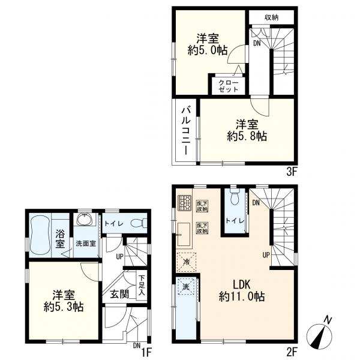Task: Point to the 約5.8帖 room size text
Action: pyautogui.click(x=247, y=137)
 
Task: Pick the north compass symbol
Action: pyautogui.click(x=323, y=332)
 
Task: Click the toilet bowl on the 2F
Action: pyautogui.click(x=233, y=196)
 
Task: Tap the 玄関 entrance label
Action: pyautogui.click(x=118, y=293)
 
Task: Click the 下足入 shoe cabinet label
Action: pyautogui.click(x=142, y=286)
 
